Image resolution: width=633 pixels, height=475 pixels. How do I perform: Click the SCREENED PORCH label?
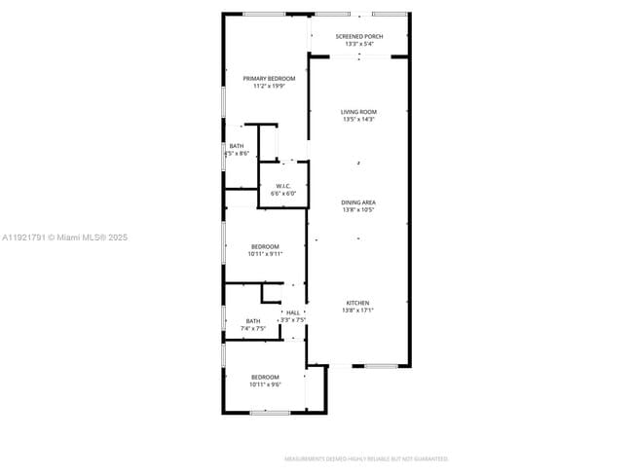pos(358,36)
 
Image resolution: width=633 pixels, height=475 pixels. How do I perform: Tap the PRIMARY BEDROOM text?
pos(269,78)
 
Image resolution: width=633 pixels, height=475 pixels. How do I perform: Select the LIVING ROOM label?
pos(358,112)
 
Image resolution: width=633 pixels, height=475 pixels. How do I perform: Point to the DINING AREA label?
pos(358,201)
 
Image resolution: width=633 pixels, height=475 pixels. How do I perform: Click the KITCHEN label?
pos(358,303)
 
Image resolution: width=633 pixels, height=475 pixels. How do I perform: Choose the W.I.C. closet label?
pos(283,186)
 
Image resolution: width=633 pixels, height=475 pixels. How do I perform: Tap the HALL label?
pos(293,312)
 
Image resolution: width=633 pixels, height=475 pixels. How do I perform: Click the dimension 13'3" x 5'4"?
pos(358,44)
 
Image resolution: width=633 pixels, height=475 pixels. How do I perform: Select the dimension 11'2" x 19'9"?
pos(269,86)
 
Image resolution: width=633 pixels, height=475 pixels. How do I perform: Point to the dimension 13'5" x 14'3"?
pos(358,120)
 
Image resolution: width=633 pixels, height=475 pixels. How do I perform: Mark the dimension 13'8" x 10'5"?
pos(358,209)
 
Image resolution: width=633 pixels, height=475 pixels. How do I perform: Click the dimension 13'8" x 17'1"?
pos(358,311)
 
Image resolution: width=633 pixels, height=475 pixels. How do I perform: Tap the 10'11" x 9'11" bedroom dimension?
pos(265,254)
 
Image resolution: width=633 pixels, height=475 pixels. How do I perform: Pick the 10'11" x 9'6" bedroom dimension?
pos(265,384)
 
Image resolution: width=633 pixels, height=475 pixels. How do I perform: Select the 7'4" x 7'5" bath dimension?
pos(253,329)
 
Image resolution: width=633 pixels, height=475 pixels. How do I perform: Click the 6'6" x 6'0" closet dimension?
pos(283,194)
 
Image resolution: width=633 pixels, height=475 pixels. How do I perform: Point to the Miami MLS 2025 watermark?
pos(64,237)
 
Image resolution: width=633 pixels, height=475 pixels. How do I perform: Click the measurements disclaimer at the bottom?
pos(365,458)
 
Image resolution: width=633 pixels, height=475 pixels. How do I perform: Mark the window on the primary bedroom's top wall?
pos(264,14)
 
